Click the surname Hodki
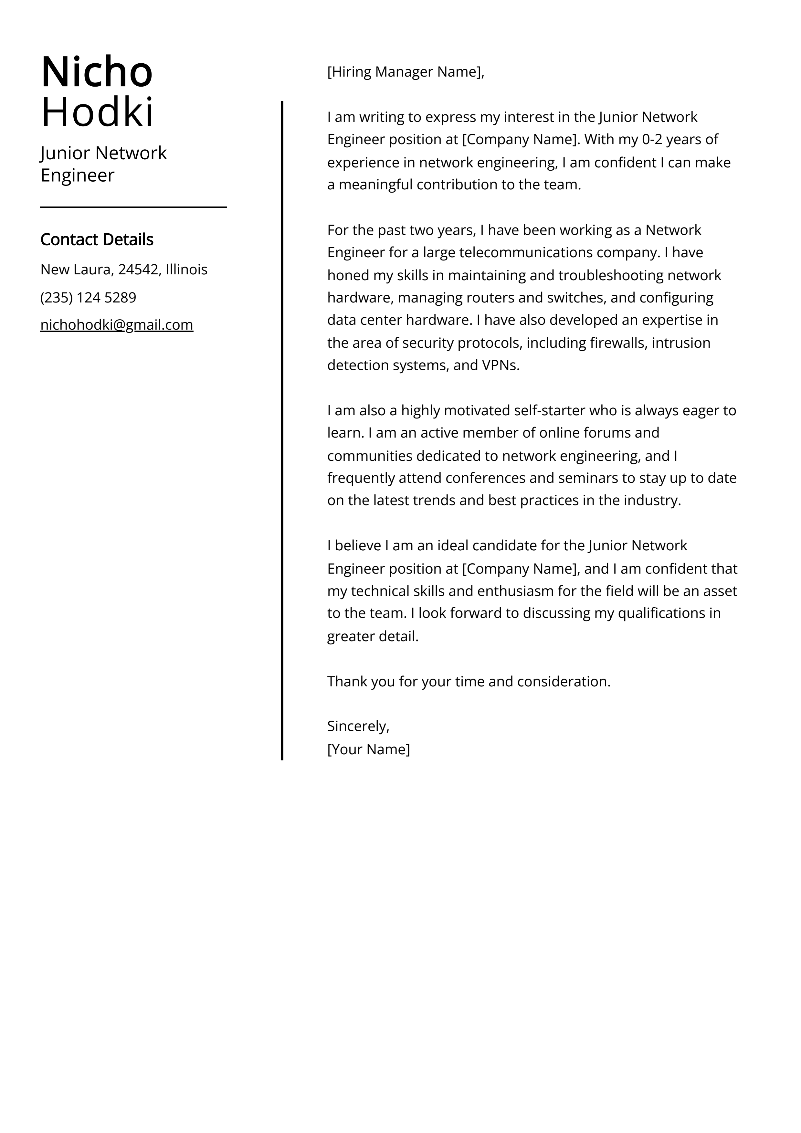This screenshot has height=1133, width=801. click(x=97, y=112)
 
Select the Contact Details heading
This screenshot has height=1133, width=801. click(x=97, y=239)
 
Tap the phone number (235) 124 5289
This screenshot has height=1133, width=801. click(x=88, y=298)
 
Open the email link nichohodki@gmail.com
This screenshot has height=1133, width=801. click(x=116, y=325)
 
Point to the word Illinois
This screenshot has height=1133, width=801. click(x=186, y=270)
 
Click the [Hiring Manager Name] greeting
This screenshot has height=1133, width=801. click(x=405, y=72)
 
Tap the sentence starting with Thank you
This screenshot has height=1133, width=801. click(x=469, y=682)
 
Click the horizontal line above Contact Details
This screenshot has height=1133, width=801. click(x=133, y=207)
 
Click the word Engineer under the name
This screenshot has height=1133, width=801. click(x=78, y=175)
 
